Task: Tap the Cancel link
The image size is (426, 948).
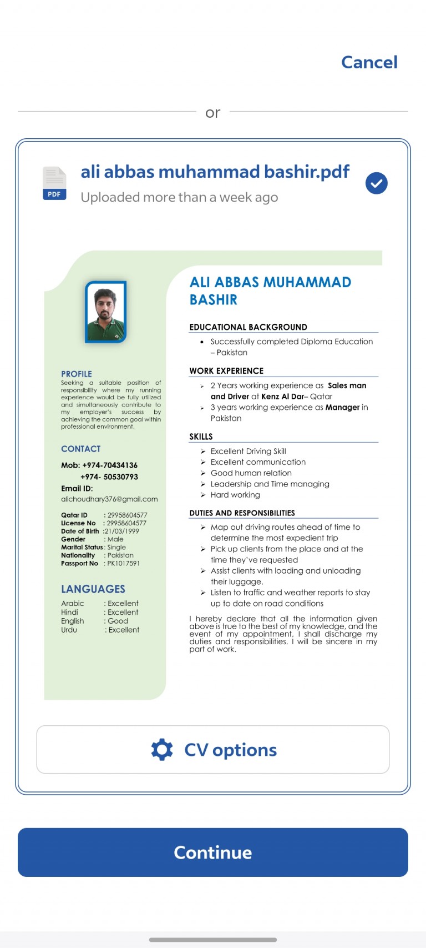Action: (x=369, y=62)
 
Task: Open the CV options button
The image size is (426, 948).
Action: (x=213, y=749)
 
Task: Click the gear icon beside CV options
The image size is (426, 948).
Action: (x=162, y=749)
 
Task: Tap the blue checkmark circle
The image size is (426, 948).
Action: (x=376, y=183)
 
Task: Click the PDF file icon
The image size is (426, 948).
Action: (x=54, y=183)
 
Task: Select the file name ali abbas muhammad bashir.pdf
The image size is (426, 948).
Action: (x=215, y=172)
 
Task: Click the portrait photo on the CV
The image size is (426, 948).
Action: (x=105, y=312)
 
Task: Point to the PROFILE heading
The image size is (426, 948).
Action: (x=77, y=374)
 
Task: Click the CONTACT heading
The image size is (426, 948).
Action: (x=81, y=449)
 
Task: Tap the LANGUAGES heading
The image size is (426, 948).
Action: (x=93, y=589)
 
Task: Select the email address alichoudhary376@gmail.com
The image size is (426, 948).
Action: (x=109, y=499)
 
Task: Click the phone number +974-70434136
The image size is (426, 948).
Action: (x=110, y=465)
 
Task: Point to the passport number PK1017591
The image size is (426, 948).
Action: (x=123, y=563)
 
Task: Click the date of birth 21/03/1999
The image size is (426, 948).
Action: (x=122, y=531)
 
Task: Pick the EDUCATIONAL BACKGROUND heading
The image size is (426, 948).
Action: (x=248, y=327)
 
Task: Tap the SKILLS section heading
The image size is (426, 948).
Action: (x=201, y=437)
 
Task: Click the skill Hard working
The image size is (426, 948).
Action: (x=235, y=495)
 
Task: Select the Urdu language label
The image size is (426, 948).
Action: (x=69, y=630)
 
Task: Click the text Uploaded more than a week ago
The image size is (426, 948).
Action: (x=179, y=197)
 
